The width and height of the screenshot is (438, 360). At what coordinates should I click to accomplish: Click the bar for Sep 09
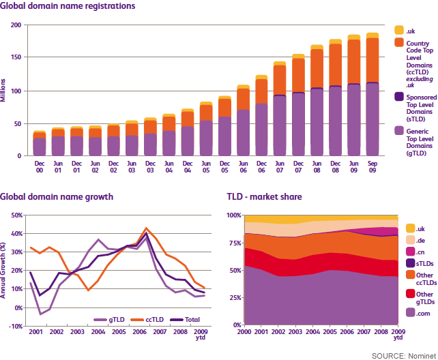tap(373, 94)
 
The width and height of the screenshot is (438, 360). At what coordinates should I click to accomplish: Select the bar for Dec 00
tap(40, 143)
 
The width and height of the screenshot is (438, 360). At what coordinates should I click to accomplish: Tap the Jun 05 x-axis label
tap(206, 167)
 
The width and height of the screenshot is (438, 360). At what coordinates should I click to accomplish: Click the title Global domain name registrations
tap(68, 6)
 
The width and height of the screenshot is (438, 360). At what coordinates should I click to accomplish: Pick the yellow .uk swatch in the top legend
tap(399, 30)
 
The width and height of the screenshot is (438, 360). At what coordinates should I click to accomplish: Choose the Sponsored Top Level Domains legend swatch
tap(399, 97)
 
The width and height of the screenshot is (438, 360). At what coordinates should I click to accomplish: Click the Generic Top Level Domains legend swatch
tap(399, 131)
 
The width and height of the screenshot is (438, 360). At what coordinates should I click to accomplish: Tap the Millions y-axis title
tap(3, 90)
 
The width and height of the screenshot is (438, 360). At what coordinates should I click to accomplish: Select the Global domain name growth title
tap(57, 197)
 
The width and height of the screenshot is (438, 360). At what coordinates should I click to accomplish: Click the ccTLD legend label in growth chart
tap(154, 320)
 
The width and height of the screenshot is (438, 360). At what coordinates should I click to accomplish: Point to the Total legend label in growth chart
tap(192, 320)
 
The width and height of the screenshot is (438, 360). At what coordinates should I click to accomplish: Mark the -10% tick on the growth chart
tap(16, 326)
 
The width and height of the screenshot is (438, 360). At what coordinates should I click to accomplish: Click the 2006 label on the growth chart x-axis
tap(139, 332)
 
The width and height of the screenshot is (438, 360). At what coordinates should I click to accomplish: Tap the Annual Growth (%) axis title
tap(3, 271)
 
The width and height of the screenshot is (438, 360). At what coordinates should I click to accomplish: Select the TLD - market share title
tap(264, 197)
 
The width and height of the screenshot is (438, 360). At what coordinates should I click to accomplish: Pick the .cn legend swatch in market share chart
tap(410, 252)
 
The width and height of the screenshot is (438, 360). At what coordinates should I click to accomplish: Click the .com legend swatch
tap(410, 312)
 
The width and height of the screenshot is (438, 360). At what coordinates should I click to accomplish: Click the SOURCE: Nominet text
tap(404, 356)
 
